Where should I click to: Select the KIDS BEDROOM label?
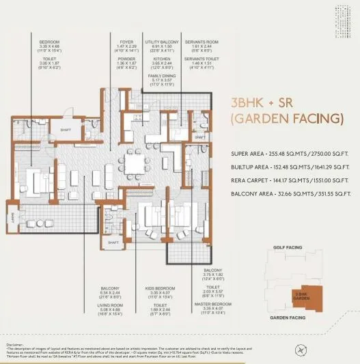158,289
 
